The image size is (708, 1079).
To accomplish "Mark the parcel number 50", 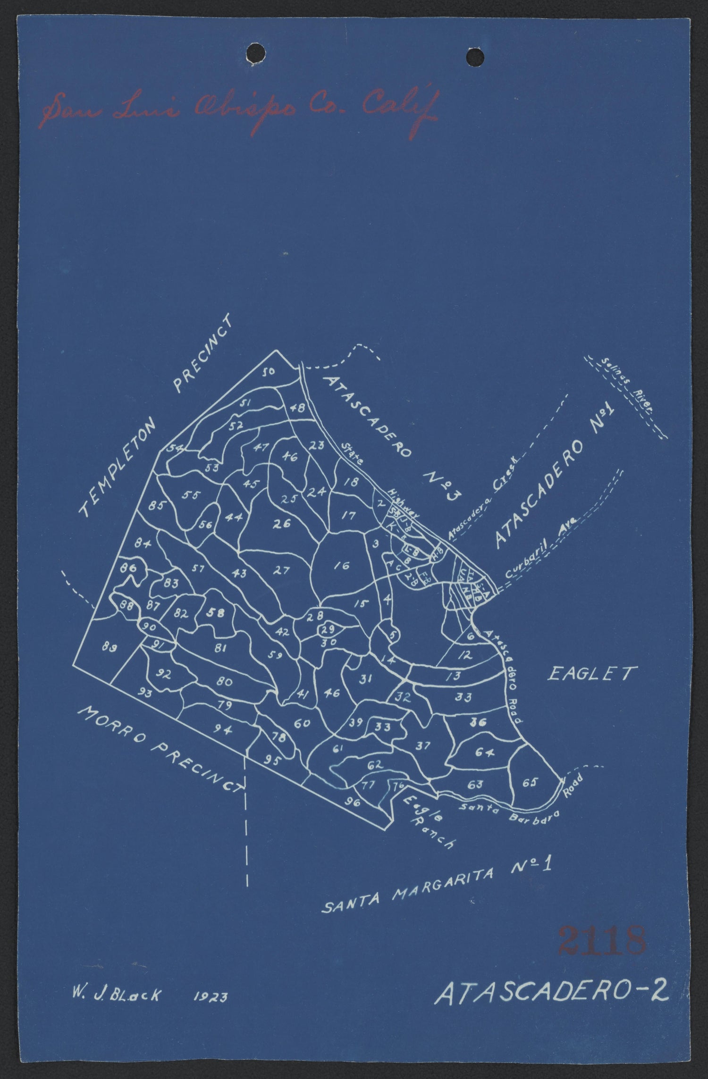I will (269, 372).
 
